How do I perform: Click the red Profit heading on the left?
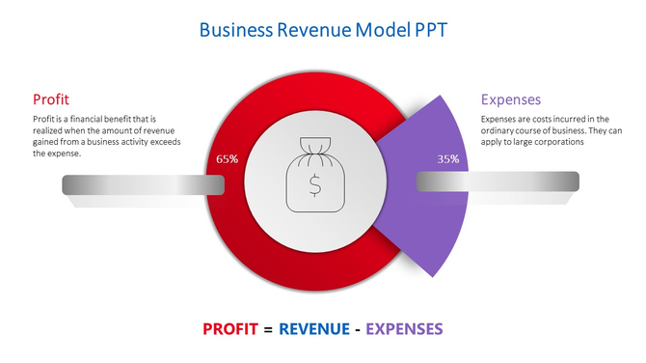point(50,99)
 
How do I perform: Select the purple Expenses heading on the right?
point(510,99)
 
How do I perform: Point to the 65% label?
point(228,158)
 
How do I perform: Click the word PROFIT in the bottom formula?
point(229,329)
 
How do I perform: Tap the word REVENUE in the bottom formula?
point(314,329)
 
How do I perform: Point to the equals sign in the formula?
point(268,329)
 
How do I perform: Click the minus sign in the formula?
point(357,329)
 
